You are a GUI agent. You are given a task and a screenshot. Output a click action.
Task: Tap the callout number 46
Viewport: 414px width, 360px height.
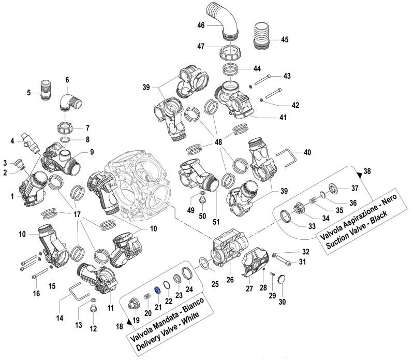[200, 25]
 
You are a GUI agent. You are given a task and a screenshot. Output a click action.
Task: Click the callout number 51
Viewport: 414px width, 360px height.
[216, 222]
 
